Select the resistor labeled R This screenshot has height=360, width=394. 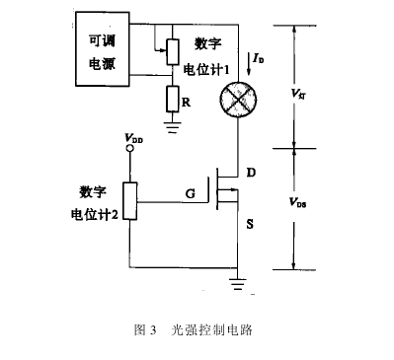171,99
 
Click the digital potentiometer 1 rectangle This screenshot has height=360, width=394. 171,49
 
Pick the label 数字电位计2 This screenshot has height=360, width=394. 95,202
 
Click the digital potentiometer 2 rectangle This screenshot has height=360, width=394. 129,202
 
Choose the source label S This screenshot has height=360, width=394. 250,224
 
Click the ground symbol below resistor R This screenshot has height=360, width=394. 171,126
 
